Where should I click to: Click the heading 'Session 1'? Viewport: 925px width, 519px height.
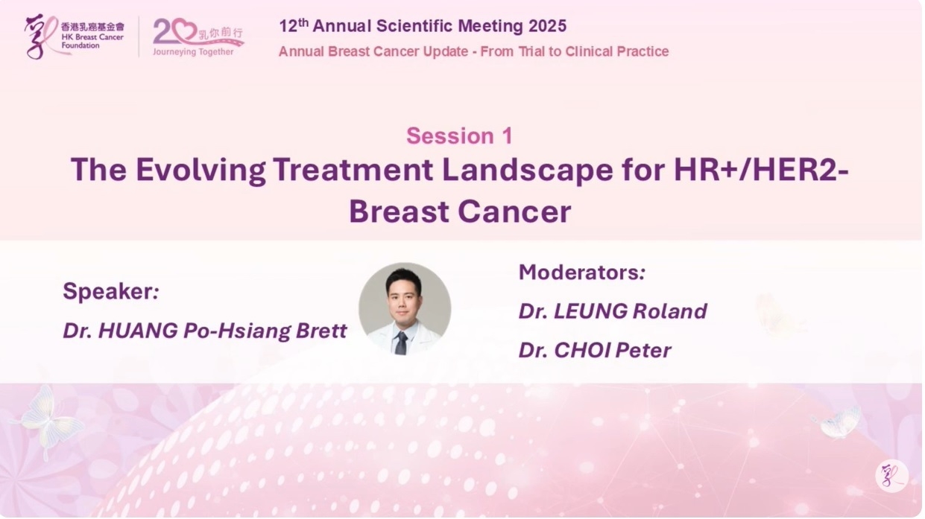[459, 136]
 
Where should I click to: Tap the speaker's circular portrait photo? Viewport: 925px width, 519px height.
[405, 309]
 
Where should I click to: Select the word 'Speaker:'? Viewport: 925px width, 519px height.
[110, 291]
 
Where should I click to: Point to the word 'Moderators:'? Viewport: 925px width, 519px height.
[582, 273]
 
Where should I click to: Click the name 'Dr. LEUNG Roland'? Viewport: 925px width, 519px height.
[613, 311]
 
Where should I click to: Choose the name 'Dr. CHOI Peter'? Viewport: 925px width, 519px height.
[595, 350]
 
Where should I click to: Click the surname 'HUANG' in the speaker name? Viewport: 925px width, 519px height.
[138, 331]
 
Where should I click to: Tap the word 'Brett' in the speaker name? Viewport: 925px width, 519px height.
[321, 331]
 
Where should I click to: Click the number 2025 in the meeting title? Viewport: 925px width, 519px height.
[548, 26]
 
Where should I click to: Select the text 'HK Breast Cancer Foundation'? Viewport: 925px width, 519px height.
[92, 41]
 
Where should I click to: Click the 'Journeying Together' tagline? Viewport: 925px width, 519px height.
[193, 51]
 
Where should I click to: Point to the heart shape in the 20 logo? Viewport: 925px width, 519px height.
[184, 30]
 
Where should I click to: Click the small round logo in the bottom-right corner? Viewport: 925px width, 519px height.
[892, 476]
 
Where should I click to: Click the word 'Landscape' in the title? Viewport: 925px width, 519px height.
[527, 170]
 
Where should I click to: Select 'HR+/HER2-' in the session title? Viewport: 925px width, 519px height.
[761, 170]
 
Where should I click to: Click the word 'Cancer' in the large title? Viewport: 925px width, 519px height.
[514, 211]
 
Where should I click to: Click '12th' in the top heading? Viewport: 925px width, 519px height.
[294, 25]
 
